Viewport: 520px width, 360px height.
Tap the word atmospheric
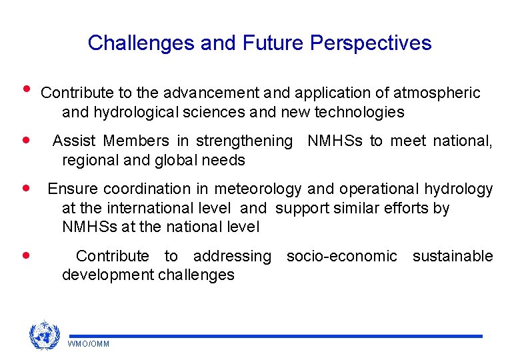437,93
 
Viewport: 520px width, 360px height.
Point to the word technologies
358,113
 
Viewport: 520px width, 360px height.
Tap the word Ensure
70,189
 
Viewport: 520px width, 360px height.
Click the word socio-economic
341,257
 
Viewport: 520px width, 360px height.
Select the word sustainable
453,257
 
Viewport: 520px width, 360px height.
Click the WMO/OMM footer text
89,344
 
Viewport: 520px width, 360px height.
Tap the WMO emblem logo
44,335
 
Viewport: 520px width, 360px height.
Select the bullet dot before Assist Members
26,141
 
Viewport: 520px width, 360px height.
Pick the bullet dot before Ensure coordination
26,189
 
